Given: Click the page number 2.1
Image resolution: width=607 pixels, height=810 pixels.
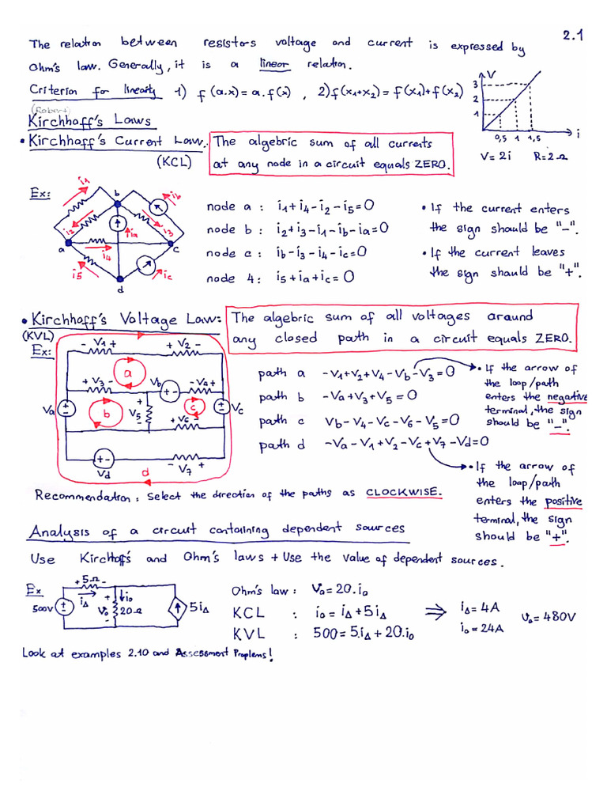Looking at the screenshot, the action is click(x=572, y=35).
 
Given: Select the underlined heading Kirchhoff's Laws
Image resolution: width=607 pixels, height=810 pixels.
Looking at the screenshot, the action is click(x=89, y=122).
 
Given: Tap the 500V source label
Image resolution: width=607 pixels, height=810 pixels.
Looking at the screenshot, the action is click(x=40, y=609).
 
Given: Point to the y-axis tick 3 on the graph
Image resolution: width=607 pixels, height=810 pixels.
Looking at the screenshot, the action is click(x=474, y=84).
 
